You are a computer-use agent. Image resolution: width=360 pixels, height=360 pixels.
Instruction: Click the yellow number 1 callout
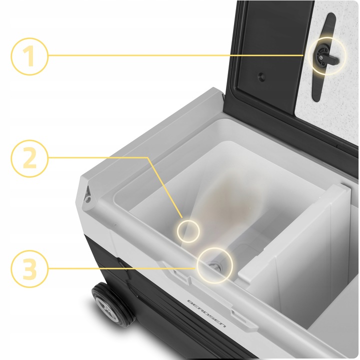coord(29,56)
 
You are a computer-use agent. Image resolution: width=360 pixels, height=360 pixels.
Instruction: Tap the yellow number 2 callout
coord(29,158)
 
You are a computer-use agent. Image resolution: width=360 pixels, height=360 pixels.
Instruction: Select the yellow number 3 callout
coord(29,268)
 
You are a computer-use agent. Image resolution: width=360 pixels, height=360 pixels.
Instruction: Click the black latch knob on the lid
coord(325,56)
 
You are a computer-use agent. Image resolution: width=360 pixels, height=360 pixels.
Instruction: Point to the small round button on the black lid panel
coord(261,77)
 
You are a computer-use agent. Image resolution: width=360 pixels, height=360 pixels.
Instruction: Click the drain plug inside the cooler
coord(216,266)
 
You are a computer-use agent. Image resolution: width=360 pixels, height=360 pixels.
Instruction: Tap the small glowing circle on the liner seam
coord(188,231)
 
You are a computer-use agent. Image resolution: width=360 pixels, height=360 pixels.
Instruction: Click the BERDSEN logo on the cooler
coord(206,314)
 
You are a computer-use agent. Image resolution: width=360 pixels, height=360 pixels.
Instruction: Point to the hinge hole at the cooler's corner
coord(87,198)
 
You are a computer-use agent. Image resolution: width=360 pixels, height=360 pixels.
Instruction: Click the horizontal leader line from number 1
coord(176,55)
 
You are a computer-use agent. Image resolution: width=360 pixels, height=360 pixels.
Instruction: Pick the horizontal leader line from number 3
coord(122,268)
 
